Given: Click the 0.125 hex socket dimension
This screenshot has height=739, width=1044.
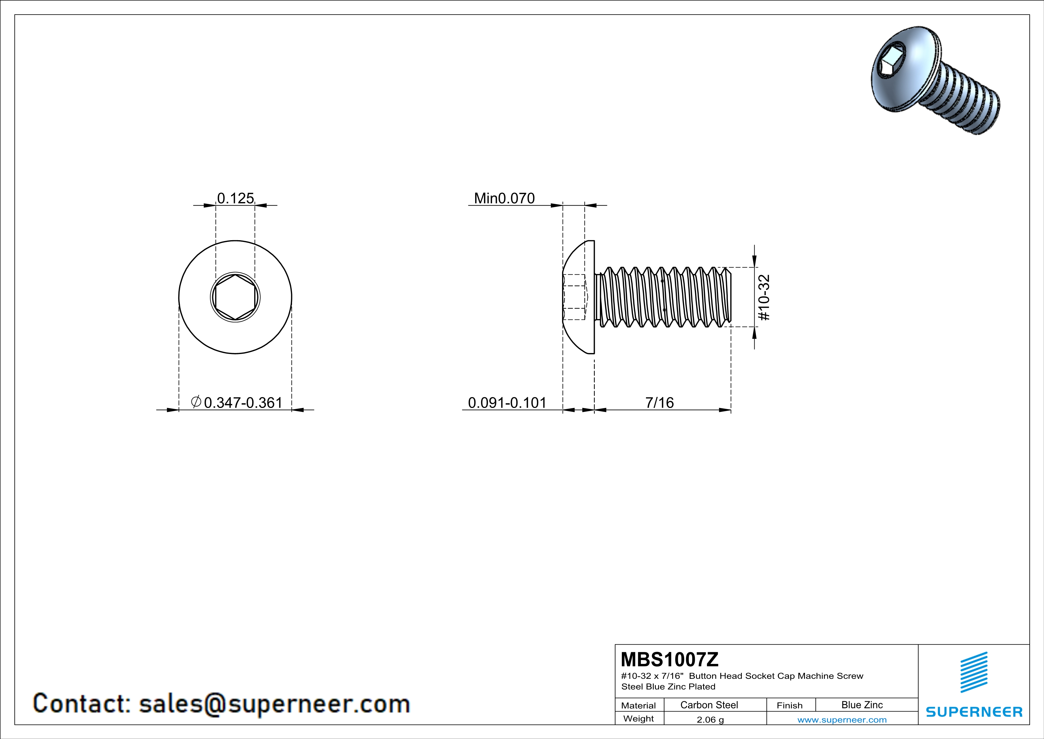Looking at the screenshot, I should click(235, 198).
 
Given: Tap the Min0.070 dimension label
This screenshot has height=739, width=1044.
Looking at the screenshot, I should click(504, 198).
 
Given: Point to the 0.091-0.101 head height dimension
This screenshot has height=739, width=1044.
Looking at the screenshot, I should click(507, 403).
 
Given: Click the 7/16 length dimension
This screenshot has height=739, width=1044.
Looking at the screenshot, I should click(659, 403).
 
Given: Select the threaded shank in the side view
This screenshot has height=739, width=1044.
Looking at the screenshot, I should click(664, 297).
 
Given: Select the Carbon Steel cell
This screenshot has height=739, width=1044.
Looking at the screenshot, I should click(709, 705).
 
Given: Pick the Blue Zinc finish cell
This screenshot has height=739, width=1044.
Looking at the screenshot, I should click(862, 705).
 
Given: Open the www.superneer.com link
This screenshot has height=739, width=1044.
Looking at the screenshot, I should click(842, 719).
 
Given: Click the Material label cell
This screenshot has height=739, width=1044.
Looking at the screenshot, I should click(639, 705).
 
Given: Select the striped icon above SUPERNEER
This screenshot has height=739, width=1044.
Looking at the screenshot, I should click(973, 672).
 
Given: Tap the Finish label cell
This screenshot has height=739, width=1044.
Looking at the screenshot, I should click(789, 705).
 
